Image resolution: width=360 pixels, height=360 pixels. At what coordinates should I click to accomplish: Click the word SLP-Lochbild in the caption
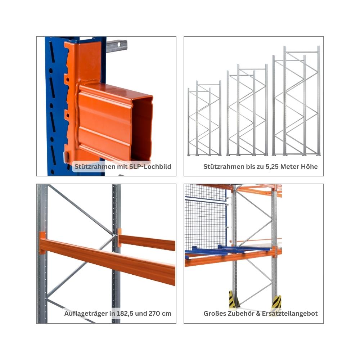(x=150, y=166)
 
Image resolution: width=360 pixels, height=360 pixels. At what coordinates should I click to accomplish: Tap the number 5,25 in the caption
(x=272, y=167)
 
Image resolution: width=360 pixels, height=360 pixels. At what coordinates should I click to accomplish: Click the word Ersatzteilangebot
(x=290, y=314)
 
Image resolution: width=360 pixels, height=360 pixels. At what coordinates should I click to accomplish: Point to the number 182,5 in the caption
(x=125, y=314)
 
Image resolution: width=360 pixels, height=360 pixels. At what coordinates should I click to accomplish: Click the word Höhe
(x=310, y=166)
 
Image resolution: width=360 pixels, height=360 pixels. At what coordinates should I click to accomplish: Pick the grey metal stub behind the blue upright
(x=117, y=46)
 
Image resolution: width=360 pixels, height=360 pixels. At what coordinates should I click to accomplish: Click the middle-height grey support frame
(x=247, y=110)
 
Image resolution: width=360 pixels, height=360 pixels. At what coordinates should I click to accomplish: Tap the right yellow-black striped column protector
(x=276, y=303)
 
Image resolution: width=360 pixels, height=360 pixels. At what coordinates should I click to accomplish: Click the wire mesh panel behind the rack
(x=206, y=218)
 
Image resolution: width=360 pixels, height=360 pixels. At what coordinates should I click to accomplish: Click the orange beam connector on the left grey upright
(x=42, y=243)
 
